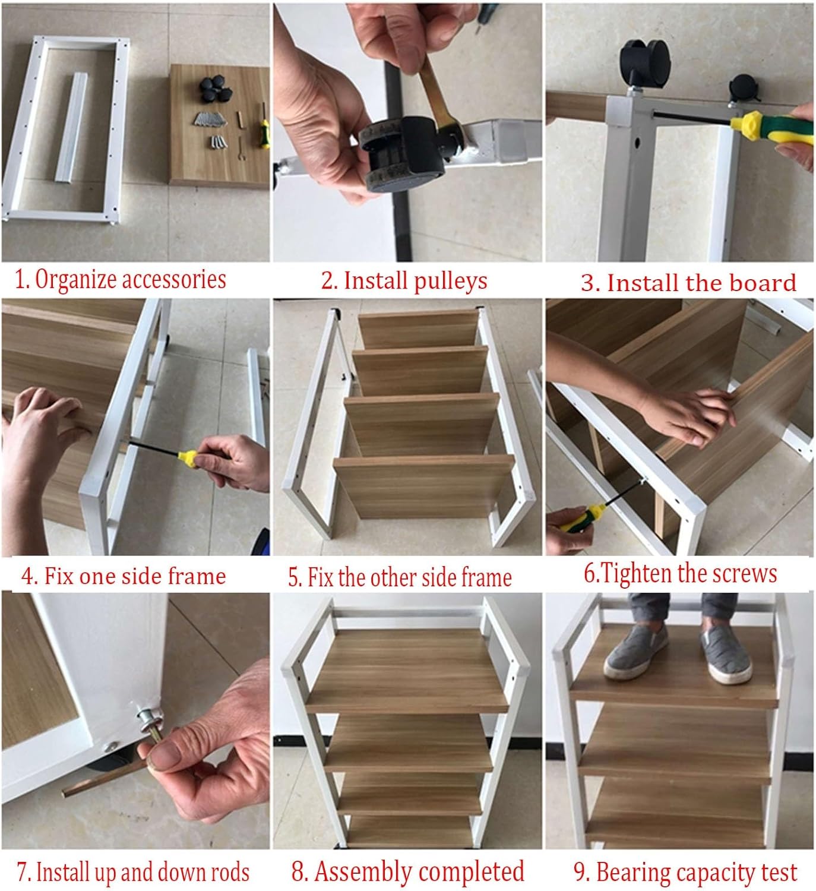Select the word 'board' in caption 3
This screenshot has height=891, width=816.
coord(763,283)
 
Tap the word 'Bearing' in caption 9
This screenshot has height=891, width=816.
coord(632,873)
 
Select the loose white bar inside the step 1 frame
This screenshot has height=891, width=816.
coord(71,127)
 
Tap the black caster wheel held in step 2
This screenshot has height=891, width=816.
coord(402,153)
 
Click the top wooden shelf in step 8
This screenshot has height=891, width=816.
coord(406,672)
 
